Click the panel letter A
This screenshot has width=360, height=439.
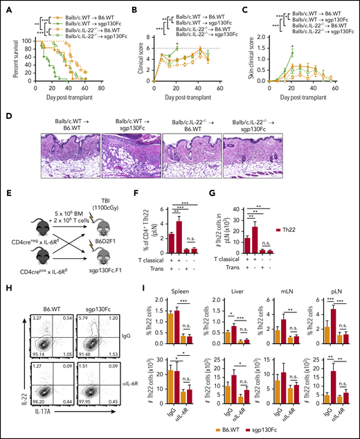(x=6, y=6)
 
